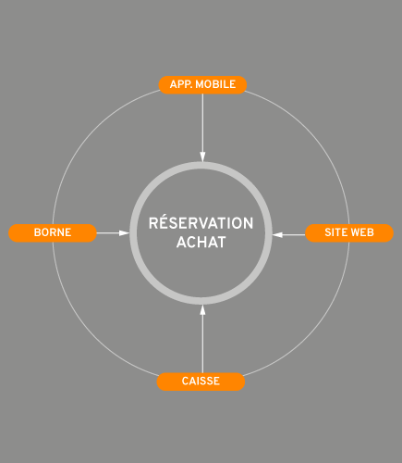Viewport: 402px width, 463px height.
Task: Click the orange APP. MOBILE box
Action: [x=202, y=84]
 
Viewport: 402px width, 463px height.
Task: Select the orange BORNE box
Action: [x=53, y=232]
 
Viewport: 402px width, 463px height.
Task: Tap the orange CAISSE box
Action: [x=201, y=382]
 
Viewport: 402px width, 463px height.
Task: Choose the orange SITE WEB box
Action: [x=349, y=232]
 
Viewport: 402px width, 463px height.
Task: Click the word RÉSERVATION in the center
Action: [x=201, y=223]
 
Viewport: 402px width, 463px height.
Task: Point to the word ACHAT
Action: [x=201, y=243]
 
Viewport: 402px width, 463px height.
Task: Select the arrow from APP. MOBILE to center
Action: [x=202, y=128]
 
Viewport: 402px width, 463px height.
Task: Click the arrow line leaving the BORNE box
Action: [x=113, y=232]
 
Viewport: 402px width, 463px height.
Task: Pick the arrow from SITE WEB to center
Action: [x=288, y=234]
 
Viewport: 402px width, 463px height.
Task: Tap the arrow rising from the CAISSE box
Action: [x=202, y=339]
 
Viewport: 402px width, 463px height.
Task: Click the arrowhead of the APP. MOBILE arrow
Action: [x=202, y=156]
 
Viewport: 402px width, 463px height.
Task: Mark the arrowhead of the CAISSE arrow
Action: [x=202, y=310]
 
